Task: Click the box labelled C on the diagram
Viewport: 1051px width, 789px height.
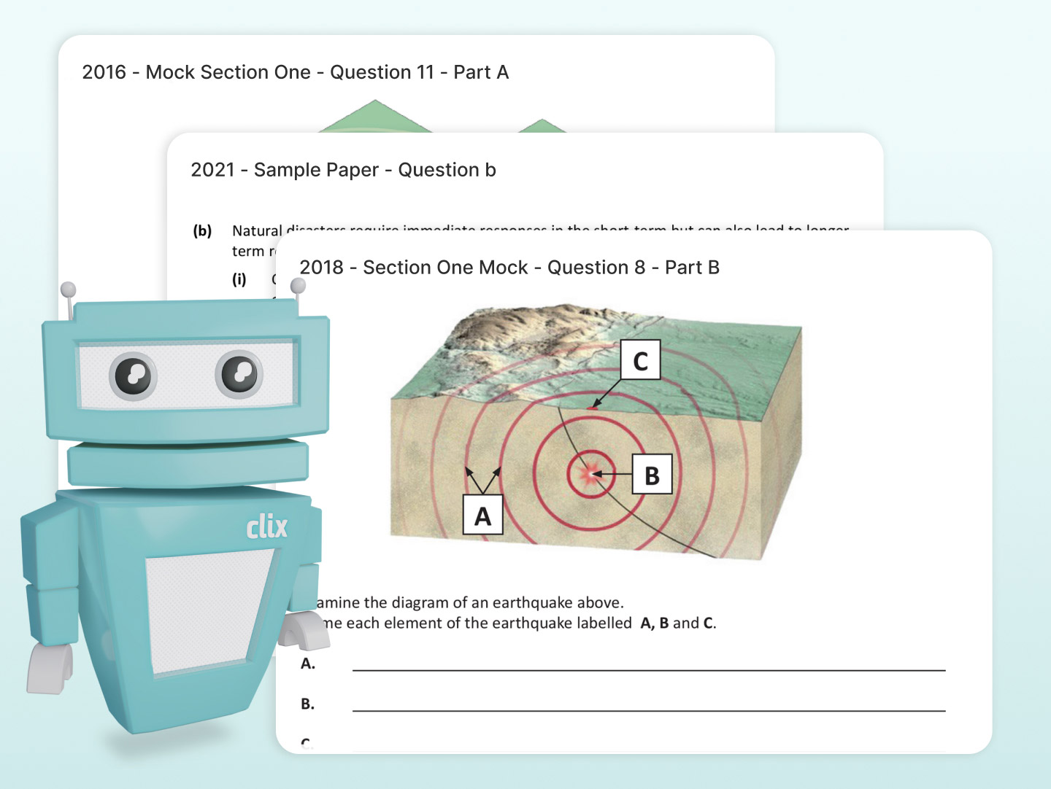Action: click(x=640, y=360)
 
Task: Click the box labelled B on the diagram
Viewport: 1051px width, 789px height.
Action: click(x=652, y=475)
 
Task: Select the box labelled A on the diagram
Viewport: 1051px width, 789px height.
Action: click(x=482, y=516)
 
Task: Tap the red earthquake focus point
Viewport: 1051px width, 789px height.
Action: click(x=588, y=474)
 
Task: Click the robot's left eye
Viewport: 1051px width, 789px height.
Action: click(x=133, y=376)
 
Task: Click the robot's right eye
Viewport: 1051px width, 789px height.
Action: click(x=239, y=373)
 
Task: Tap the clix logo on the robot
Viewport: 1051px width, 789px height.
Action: click(x=266, y=526)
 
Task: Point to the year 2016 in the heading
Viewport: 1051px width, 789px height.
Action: click(x=104, y=72)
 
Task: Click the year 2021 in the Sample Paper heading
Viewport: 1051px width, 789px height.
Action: click(x=212, y=170)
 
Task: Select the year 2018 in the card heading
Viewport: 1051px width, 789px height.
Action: click(x=321, y=268)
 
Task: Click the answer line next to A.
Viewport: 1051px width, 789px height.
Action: click(x=648, y=669)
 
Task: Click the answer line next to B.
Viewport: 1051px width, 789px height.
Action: click(x=648, y=710)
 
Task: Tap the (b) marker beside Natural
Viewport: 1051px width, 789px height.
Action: click(x=202, y=231)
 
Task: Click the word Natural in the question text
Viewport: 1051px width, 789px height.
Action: click(x=257, y=231)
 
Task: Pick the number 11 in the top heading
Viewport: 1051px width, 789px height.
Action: click(x=425, y=72)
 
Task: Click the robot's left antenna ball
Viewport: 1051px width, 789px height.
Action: click(x=68, y=289)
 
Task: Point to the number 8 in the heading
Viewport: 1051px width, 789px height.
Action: click(x=639, y=268)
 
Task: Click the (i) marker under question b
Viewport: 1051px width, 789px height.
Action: click(x=239, y=279)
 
